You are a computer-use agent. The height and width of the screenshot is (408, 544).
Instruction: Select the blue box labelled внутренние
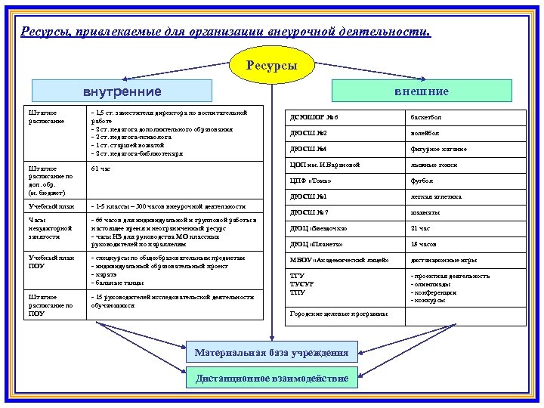click(x=122, y=92)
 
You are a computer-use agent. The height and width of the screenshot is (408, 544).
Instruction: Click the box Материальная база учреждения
click(x=272, y=353)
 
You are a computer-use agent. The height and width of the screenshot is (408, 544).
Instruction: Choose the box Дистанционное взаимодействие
click(x=272, y=378)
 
